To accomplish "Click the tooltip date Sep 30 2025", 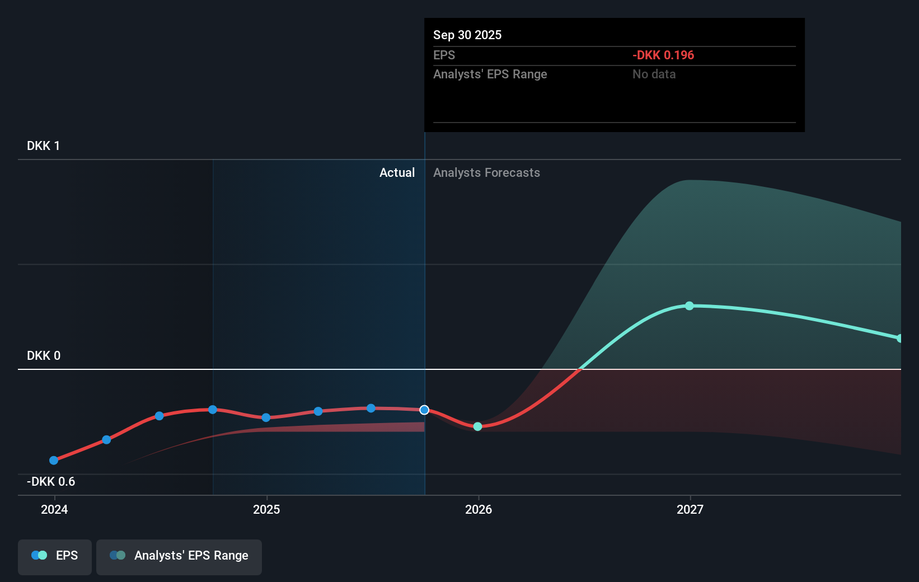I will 467,35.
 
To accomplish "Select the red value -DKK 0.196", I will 663,55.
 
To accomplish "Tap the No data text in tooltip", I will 654,74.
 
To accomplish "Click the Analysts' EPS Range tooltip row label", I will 490,74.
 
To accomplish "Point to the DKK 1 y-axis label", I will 43,145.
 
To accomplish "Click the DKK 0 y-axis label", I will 43,355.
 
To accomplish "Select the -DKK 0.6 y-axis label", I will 50,481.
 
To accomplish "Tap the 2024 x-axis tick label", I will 54,509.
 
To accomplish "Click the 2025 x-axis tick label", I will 266,509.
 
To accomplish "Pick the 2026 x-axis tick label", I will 479,509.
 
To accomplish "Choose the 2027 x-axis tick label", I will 690,509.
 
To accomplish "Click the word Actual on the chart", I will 397,172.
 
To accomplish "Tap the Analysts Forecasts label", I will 486,172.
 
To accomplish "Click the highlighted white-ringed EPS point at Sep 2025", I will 424,410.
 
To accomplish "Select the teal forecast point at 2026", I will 477,426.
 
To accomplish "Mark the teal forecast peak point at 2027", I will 690,306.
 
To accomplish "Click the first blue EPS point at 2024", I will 54,461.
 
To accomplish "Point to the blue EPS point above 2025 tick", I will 266,417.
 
